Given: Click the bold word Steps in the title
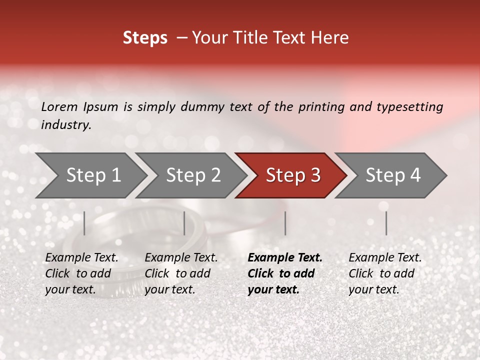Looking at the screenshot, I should pyautogui.click(x=145, y=38).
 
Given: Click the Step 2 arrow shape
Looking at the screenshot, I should pyautogui.click(x=191, y=175).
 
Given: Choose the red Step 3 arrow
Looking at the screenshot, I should pyautogui.click(x=291, y=175).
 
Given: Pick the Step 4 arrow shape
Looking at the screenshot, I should pyautogui.click(x=391, y=175).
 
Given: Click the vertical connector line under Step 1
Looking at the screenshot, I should pyautogui.click(x=84, y=223).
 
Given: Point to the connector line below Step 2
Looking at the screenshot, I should pyautogui.click(x=184, y=223).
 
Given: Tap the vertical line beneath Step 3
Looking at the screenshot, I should pyautogui.click(x=285, y=223).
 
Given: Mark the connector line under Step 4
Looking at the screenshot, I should pyautogui.click(x=386, y=223).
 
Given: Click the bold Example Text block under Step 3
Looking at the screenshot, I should pyautogui.click(x=285, y=273).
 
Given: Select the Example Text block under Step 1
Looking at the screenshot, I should pyautogui.click(x=81, y=273).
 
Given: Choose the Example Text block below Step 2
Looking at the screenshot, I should pyautogui.click(x=181, y=273).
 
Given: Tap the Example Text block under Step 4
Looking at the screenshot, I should pyautogui.click(x=385, y=273).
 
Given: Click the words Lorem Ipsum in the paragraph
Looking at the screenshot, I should pyautogui.click(x=79, y=106).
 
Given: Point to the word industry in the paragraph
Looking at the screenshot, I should pyautogui.click(x=65, y=125).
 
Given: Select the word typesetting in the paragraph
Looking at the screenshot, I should pyautogui.click(x=409, y=106).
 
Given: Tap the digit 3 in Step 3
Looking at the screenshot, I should pyautogui.click(x=315, y=175).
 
